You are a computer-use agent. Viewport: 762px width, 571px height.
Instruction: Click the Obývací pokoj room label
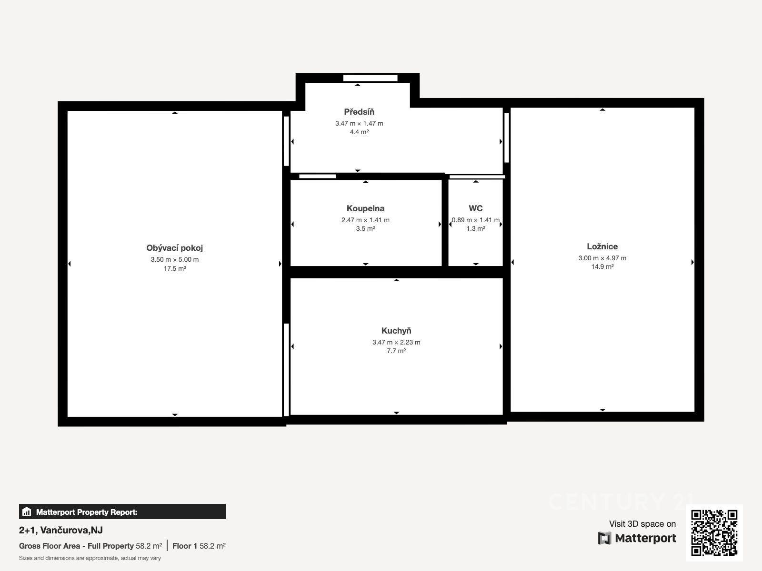[175, 248]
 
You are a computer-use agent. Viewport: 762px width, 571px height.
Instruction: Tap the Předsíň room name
[359, 112]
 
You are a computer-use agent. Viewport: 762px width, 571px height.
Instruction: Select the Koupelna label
[366, 208]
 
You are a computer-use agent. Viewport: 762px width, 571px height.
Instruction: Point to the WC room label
[476, 208]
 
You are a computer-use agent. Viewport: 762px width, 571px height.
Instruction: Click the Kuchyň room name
[396, 331]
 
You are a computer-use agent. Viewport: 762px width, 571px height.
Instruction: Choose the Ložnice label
[602, 246]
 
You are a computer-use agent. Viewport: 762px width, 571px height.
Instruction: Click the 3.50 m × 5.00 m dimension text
[175, 259]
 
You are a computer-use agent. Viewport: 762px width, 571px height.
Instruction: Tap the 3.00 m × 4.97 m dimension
[602, 258]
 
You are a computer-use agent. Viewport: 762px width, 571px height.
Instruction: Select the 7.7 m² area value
[396, 351]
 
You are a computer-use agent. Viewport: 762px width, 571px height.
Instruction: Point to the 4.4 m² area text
[359, 132]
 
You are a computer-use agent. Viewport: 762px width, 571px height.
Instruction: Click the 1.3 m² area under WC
[476, 228]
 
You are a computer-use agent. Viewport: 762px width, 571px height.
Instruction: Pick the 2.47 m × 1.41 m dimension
[366, 220]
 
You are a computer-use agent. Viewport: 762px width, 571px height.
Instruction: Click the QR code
[714, 533]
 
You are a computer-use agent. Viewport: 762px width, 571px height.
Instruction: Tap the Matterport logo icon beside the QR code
[604, 538]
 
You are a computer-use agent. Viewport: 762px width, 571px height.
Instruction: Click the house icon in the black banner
[27, 512]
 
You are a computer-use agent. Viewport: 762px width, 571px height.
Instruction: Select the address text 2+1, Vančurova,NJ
[61, 530]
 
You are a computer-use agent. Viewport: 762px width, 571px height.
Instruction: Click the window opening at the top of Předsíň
[371, 78]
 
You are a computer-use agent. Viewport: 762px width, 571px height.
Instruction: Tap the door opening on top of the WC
[477, 177]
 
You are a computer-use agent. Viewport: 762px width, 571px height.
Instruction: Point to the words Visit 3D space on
[642, 524]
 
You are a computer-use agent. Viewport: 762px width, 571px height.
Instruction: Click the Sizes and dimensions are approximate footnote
[90, 558]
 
